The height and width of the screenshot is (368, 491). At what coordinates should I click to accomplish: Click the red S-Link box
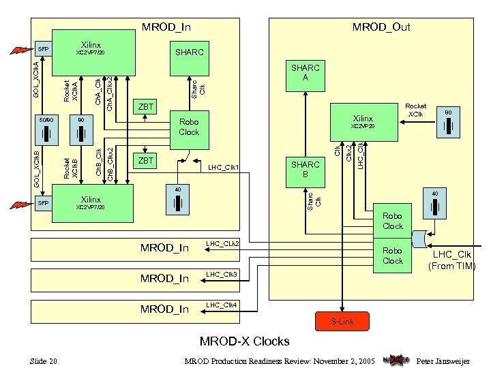coord(342,321)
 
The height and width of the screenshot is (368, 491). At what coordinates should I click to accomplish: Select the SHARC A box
coord(305,73)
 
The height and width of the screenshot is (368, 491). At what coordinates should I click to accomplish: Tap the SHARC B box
coord(305,170)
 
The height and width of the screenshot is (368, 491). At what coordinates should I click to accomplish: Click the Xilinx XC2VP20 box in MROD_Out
coord(363,121)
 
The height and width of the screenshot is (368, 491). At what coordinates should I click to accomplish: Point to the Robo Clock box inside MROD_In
coord(188,127)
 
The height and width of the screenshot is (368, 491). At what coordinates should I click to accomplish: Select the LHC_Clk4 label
coord(221,305)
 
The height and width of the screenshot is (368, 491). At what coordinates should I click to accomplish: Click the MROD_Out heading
coord(381,27)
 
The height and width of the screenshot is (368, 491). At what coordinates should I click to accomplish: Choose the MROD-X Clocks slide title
coord(244,341)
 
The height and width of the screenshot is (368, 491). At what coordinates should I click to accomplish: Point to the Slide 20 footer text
coord(43,361)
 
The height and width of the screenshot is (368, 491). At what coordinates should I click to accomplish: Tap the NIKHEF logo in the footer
coord(396,360)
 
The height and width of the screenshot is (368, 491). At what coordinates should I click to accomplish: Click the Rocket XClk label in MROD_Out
coord(415,110)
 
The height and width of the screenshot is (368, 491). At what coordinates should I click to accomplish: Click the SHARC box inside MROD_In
coord(189,52)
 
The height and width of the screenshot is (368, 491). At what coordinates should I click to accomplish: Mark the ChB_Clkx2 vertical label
coord(112,164)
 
